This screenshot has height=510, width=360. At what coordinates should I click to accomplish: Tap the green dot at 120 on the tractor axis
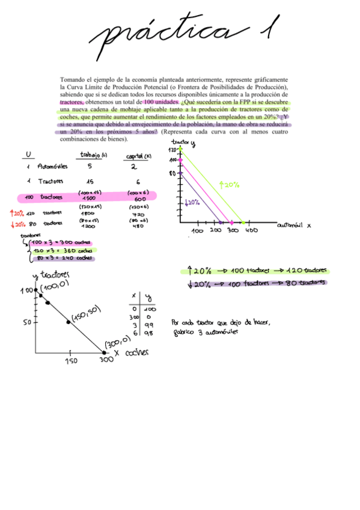[x=180, y=149]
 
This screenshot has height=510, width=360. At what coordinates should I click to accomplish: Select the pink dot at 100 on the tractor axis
[x=180, y=160]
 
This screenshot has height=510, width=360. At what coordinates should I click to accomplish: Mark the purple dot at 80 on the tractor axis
[x=180, y=174]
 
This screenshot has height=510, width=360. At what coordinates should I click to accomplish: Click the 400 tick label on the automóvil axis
[x=251, y=230]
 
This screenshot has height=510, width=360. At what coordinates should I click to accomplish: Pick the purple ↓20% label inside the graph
[x=192, y=203]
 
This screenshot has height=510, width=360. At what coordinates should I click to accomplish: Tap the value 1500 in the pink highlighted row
[x=89, y=198]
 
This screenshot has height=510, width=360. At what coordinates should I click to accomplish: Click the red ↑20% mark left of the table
[x=16, y=213]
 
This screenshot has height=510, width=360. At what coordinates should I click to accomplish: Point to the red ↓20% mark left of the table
[x=16, y=223]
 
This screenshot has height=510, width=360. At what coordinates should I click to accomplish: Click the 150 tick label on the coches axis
[x=70, y=361]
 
